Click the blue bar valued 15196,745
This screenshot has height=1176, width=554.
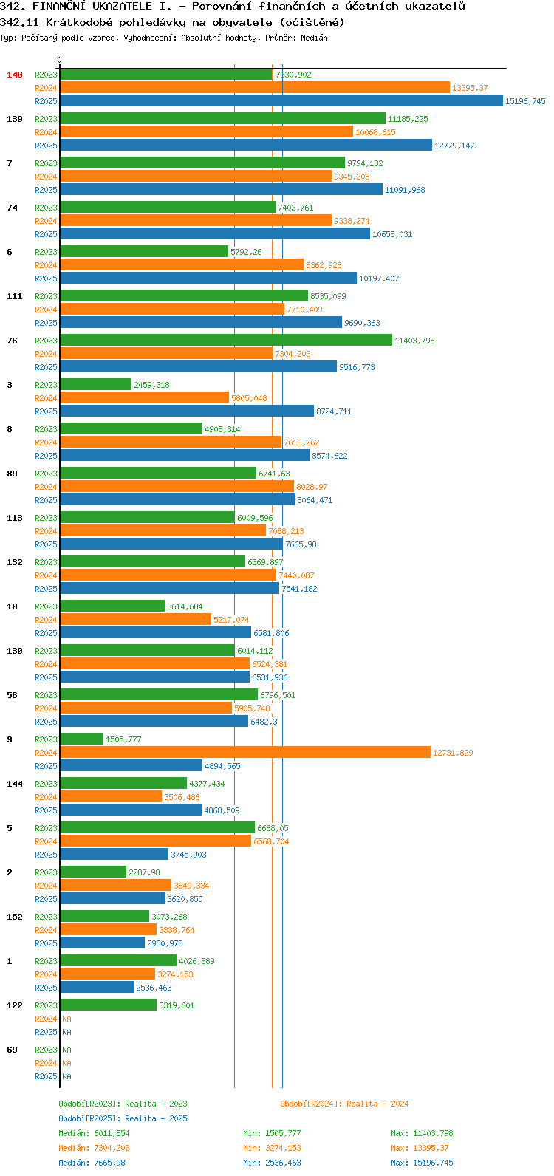click(281, 100)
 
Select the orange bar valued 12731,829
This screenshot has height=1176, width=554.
click(245, 752)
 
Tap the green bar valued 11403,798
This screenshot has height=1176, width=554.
click(226, 341)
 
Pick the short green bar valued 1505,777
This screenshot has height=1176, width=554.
click(81, 739)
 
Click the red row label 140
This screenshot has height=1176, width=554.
click(15, 75)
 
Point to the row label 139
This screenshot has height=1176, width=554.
click(15, 119)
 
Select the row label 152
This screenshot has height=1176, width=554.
click(15, 917)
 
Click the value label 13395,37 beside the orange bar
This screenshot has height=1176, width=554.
click(470, 88)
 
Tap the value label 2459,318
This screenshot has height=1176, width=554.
click(151, 385)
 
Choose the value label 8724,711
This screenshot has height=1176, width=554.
click(334, 411)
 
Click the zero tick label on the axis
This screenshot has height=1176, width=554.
click(59, 60)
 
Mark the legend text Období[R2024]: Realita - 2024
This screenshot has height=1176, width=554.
click(344, 1104)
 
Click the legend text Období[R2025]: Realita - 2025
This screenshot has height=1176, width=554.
click(123, 1118)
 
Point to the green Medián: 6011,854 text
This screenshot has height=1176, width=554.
click(94, 1133)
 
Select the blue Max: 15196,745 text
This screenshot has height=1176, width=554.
click(423, 1163)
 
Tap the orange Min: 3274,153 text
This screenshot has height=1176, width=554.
click(272, 1148)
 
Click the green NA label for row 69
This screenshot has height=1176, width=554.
click(66, 1050)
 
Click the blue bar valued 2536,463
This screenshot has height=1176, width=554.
click(97, 988)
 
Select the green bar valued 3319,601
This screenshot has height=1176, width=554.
click(108, 1005)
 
